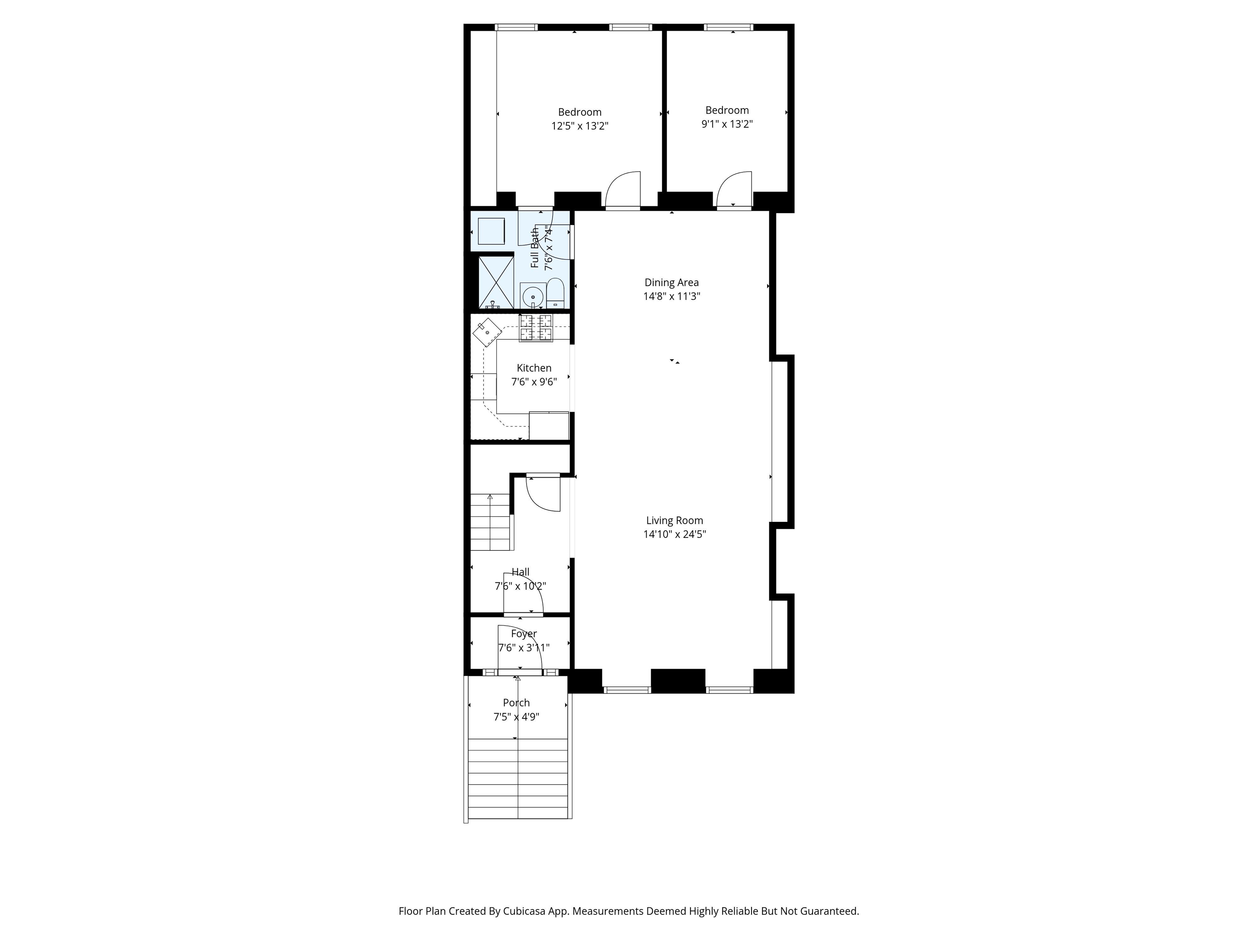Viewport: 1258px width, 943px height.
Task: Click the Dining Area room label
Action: click(672, 282)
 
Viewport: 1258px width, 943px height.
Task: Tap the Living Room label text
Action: click(674, 521)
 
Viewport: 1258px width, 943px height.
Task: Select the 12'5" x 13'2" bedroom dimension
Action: click(579, 126)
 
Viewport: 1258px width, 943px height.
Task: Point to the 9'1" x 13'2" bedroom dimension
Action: click(727, 124)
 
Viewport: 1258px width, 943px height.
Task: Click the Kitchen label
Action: click(534, 368)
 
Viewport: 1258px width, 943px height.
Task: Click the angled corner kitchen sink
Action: click(487, 332)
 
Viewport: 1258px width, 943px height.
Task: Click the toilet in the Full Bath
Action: click(555, 293)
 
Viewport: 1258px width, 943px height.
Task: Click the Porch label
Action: click(516, 703)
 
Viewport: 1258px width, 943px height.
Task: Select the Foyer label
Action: click(524, 634)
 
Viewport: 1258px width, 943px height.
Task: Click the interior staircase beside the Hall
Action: click(491, 522)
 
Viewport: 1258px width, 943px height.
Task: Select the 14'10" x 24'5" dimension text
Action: click(674, 534)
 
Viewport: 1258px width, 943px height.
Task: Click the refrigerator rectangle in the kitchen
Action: click(549, 425)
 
